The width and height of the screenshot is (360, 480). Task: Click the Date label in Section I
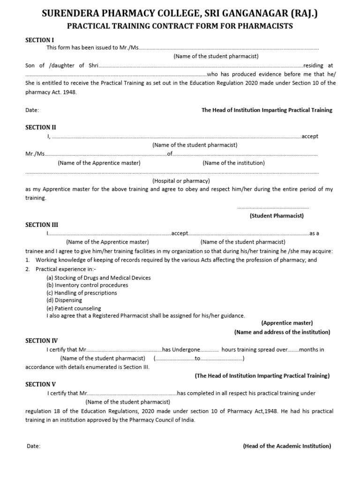click(32, 110)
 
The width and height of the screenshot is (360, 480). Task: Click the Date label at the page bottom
click(33, 446)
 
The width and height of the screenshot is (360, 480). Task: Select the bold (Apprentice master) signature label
click(287, 323)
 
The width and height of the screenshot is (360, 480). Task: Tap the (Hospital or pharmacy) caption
click(181, 180)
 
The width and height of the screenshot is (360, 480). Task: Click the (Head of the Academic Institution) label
click(287, 446)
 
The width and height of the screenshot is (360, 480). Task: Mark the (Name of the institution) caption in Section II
click(233, 163)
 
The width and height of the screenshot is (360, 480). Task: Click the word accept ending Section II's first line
click(310, 136)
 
